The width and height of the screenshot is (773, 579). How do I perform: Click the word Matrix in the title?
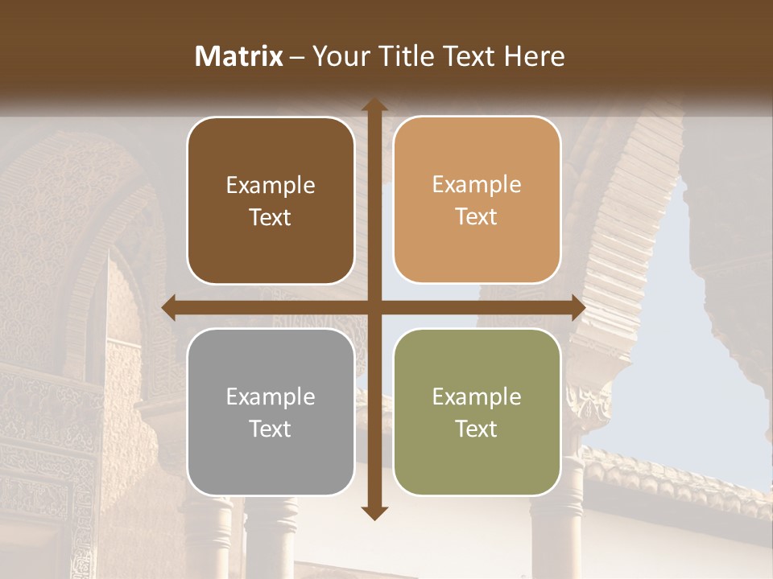pyautogui.click(x=238, y=56)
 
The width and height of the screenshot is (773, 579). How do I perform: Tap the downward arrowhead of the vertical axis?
pyautogui.click(x=374, y=513)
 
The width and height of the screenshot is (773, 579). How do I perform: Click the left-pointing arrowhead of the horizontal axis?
pyautogui.click(x=170, y=308)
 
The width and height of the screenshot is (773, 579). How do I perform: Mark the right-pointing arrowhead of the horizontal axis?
pyautogui.click(x=577, y=308)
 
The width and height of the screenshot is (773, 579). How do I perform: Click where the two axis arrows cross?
pyautogui.click(x=374, y=308)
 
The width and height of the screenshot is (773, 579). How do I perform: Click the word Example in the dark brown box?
pyautogui.click(x=271, y=186)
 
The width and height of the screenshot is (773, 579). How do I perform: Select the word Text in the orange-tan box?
pyautogui.click(x=477, y=217)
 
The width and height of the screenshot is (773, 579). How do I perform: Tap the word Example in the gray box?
pyautogui.click(x=271, y=397)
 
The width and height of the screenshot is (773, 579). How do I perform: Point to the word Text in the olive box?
pyautogui.click(x=477, y=429)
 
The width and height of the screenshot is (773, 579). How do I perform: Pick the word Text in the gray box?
pyautogui.click(x=271, y=429)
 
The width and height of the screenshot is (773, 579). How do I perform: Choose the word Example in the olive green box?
pyautogui.click(x=477, y=397)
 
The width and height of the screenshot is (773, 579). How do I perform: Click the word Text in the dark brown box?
pyautogui.click(x=271, y=217)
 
